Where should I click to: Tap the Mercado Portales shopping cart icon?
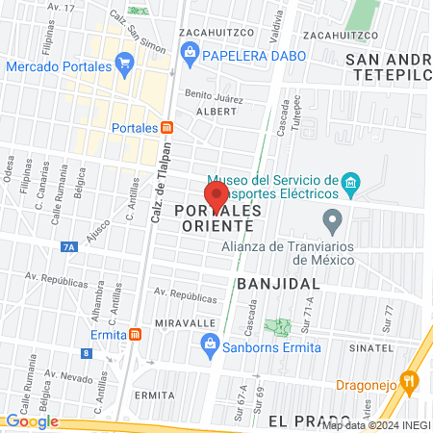(123, 65)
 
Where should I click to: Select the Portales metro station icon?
(166, 127)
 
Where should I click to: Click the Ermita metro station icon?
(135, 334)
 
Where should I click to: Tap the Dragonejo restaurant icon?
(411, 381)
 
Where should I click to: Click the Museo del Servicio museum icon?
(351, 182)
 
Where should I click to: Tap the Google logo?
(32, 420)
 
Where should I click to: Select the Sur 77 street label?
(389, 315)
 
